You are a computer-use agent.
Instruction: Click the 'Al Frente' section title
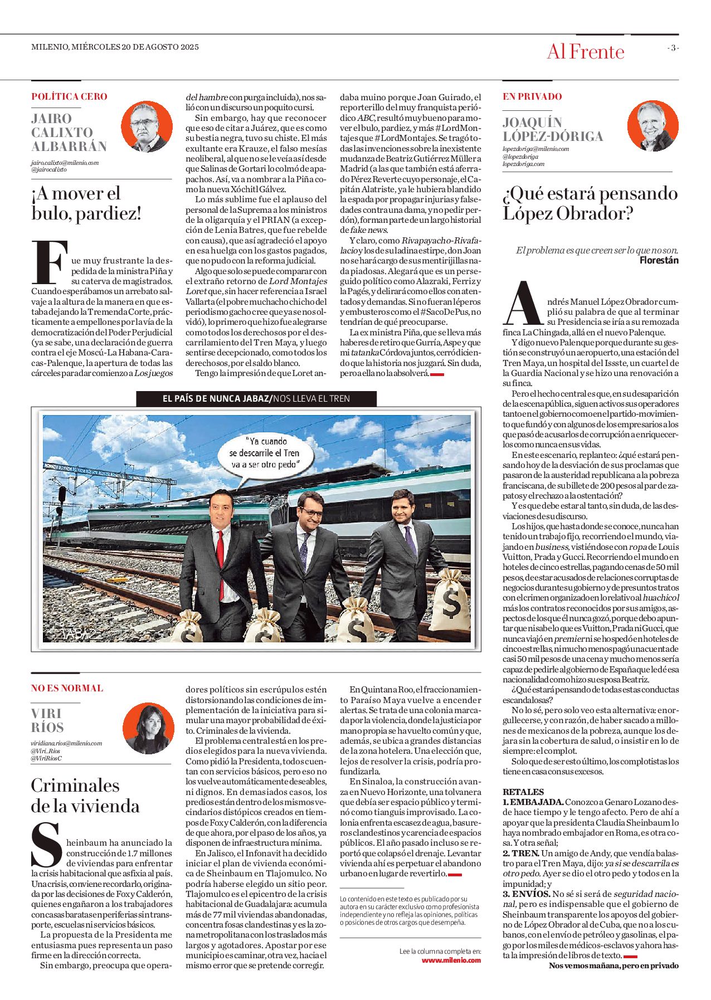tap(585, 52)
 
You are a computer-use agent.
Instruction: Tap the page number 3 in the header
tap(673, 48)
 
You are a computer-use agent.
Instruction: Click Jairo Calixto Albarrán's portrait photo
tap(147, 127)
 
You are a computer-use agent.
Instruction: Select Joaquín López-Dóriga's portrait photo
tap(652, 126)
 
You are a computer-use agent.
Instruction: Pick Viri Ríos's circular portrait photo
tap(148, 728)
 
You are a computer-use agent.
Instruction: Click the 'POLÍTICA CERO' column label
tap(69, 96)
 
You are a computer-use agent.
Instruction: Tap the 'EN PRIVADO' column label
tap(532, 96)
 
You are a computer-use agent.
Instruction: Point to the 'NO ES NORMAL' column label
tap(67, 688)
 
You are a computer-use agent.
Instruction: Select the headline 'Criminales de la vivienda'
tap(85, 795)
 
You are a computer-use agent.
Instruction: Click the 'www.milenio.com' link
tap(451, 975)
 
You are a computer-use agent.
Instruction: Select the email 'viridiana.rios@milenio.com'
tap(66, 743)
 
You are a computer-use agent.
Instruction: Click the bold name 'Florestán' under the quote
tap(659, 260)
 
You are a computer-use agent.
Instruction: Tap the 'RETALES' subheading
tap(523, 792)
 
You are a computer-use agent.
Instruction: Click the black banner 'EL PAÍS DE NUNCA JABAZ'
tap(256, 398)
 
